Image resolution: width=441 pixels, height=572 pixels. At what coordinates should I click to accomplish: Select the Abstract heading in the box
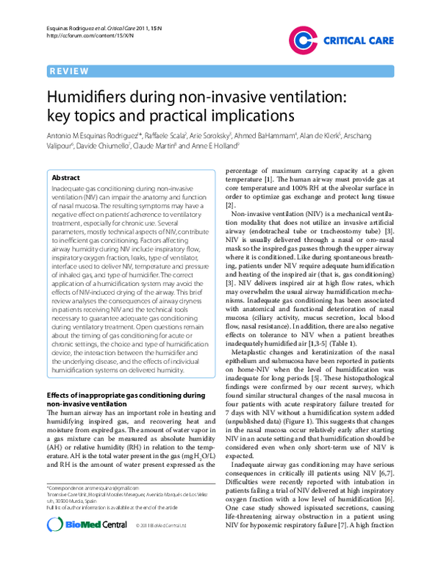pyautogui.click(x=66, y=178)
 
